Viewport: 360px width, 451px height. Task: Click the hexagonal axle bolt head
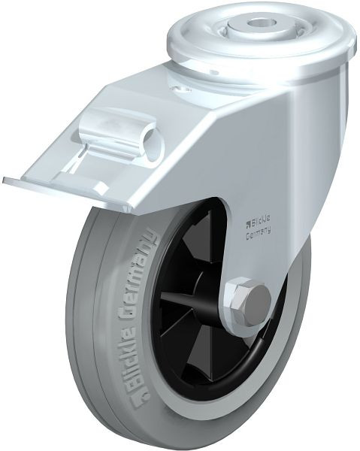click(248, 301)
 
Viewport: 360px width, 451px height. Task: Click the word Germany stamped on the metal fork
click(259, 232)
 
